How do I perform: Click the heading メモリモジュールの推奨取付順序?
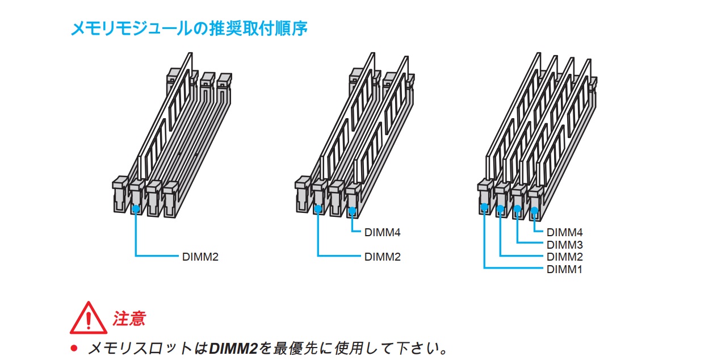[x=188, y=28]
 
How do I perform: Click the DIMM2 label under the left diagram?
[x=200, y=257]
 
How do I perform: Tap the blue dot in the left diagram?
[x=136, y=209]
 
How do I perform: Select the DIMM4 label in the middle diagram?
[x=383, y=232]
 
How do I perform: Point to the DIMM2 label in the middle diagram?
[x=383, y=257]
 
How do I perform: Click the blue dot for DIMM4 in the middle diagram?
[x=352, y=211]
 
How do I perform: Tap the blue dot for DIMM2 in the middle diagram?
[x=318, y=209]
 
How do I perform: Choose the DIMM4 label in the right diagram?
[x=565, y=232]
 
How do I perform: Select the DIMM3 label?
[x=565, y=245]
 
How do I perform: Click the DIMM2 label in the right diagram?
[x=565, y=257]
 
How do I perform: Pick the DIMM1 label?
[x=565, y=269]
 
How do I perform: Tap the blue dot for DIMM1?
[x=484, y=208]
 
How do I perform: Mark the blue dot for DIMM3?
[x=517, y=210]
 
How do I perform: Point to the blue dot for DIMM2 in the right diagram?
[x=500, y=209]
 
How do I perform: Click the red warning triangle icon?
[x=88, y=319]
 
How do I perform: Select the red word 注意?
[x=129, y=319]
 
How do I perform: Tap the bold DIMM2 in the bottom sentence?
[x=233, y=348]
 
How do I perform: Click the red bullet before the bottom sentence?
[x=73, y=348]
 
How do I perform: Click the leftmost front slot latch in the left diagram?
[x=119, y=193]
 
